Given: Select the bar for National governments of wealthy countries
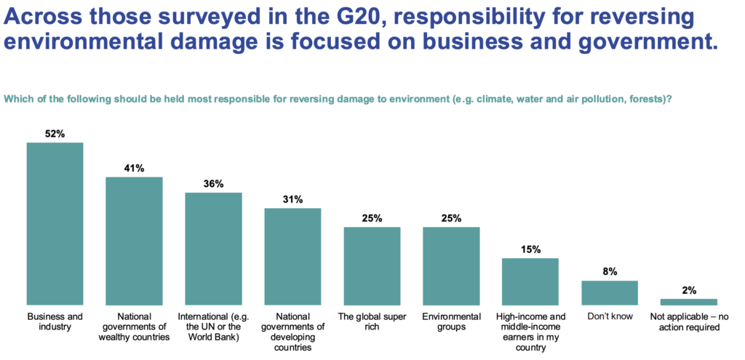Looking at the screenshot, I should [134, 241].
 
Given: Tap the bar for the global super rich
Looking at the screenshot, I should [372, 265].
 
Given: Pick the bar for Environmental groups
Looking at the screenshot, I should [451, 265].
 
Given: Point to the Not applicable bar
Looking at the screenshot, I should [688, 302].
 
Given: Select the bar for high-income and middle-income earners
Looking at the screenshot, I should [530, 281].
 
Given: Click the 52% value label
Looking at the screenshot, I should [55, 134].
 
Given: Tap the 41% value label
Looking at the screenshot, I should [134, 168].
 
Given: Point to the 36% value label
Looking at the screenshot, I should [213, 184].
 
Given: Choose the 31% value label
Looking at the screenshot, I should [292, 199].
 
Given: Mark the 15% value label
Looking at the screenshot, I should [530, 249].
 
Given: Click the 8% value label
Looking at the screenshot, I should [610, 272].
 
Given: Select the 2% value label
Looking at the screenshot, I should [688, 290].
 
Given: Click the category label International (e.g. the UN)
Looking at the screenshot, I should [213, 327].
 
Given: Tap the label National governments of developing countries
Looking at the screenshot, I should [292, 332].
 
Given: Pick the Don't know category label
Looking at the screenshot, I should [610, 316].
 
